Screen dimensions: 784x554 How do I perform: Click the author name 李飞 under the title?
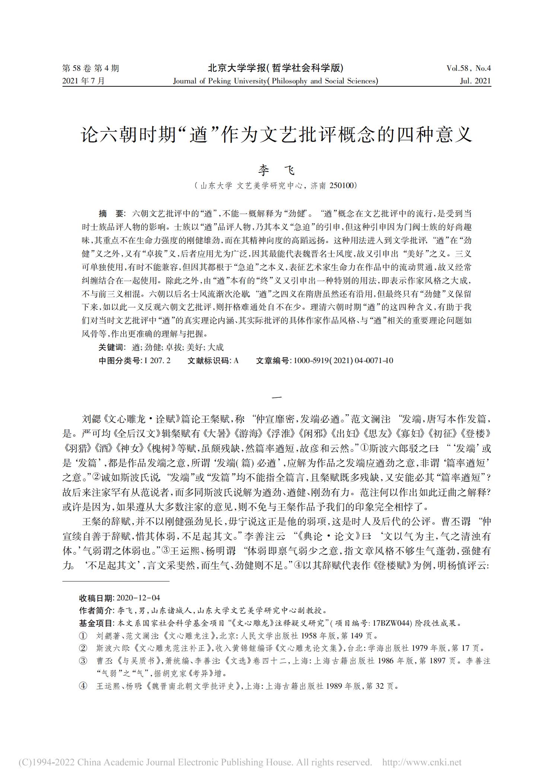pos(277,171)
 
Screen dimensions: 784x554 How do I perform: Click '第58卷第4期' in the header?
pos(90,68)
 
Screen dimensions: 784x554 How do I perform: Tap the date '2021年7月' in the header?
pos(84,81)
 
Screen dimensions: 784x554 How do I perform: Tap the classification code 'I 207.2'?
pos(157,360)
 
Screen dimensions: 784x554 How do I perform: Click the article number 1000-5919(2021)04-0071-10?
pos(343,360)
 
